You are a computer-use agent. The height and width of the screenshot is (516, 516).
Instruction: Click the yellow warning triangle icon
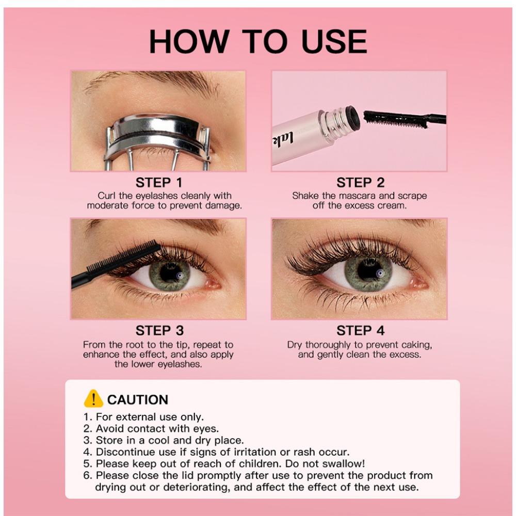point(93,399)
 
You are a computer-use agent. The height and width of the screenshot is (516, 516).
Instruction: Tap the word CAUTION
point(138,400)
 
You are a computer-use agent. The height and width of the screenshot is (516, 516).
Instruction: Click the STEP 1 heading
point(159,183)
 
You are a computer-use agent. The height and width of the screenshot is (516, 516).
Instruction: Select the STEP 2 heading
point(360,183)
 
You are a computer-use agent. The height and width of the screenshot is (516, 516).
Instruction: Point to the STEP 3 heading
point(159,330)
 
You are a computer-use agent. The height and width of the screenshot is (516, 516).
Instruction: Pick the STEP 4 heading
point(360,330)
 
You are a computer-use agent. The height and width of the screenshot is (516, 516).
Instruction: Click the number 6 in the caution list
point(87,475)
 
